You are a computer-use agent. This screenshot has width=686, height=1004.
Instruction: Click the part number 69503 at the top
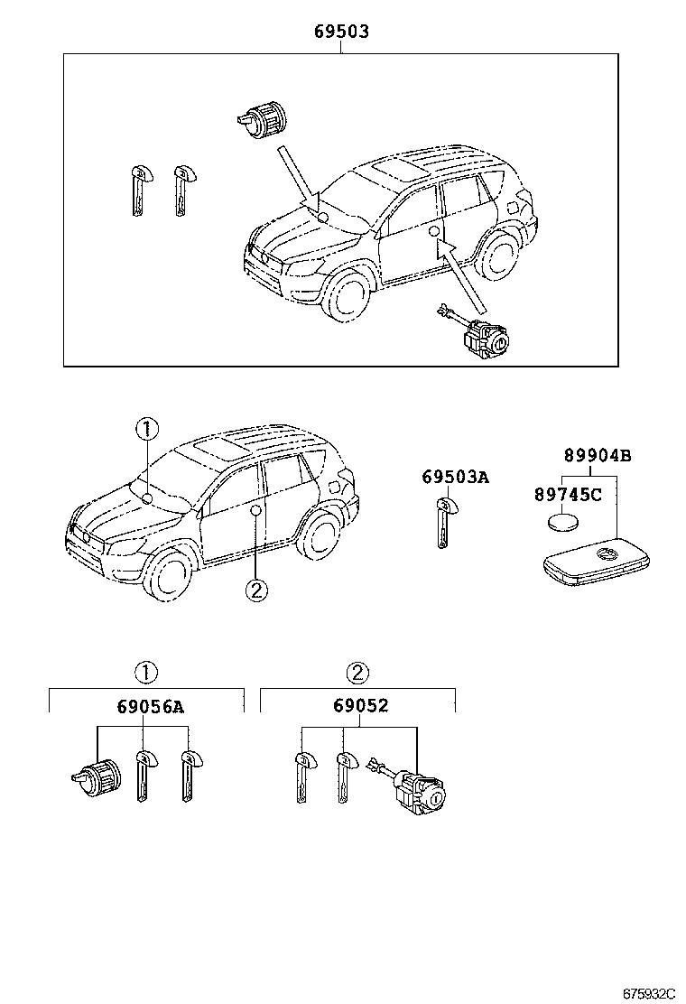pos(341,32)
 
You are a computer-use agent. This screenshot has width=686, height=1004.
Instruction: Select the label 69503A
pos(455,477)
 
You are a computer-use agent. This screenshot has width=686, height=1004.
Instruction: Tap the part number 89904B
pos(598,455)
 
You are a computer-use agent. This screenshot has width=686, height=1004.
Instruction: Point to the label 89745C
pos(568,494)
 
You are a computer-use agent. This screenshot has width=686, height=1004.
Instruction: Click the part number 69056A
pos(150,705)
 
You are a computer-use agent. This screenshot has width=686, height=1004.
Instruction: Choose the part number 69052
pos(358,705)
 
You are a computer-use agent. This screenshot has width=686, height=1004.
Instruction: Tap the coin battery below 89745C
pos(562,523)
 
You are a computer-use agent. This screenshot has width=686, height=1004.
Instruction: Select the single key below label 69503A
pos(443,524)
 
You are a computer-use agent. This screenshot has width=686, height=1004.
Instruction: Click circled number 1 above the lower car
pos(146,428)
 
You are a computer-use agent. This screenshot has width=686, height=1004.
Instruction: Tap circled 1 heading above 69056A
pos(146,672)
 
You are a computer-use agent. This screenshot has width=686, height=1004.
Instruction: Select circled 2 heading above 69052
pos(358,672)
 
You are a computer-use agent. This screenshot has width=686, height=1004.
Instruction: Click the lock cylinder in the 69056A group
pos(97,775)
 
